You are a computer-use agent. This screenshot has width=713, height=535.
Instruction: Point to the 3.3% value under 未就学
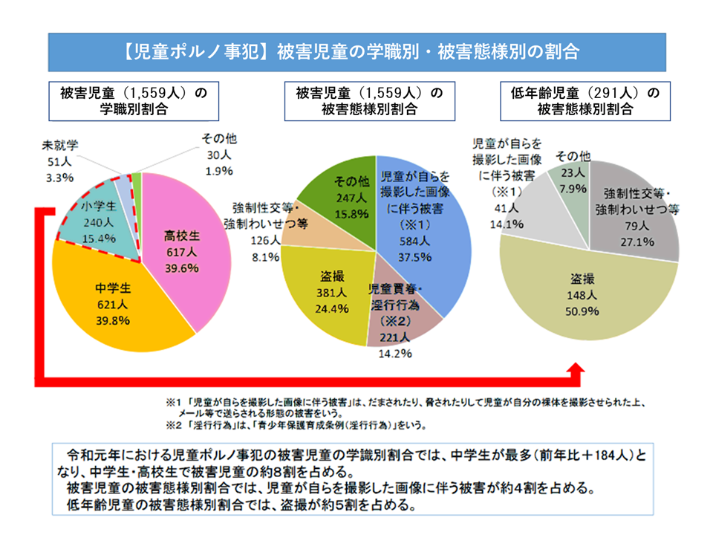coord(59,177)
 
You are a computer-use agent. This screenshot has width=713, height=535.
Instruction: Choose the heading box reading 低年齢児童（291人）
coord(585,100)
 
